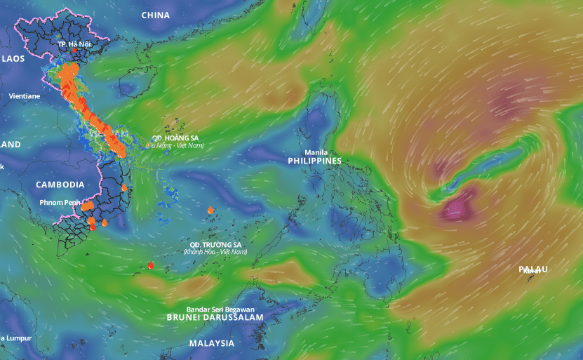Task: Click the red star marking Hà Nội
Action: click(74, 51)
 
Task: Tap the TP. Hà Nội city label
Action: click(74, 43)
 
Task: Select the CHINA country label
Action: click(155, 15)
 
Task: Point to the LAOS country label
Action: click(13, 58)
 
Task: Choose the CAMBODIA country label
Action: click(60, 185)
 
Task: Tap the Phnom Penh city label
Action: click(60, 203)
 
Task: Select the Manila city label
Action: click(315, 152)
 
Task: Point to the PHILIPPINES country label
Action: click(314, 161)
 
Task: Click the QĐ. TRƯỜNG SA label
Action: click(215, 244)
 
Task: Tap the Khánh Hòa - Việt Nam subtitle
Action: click(215, 251)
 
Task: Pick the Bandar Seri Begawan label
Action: click(220, 309)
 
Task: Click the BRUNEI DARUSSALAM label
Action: click(215, 318)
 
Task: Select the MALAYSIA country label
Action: click(211, 343)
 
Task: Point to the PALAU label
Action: click(533, 269)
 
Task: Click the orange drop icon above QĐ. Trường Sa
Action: click(210, 210)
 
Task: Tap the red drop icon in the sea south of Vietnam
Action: click(151, 265)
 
